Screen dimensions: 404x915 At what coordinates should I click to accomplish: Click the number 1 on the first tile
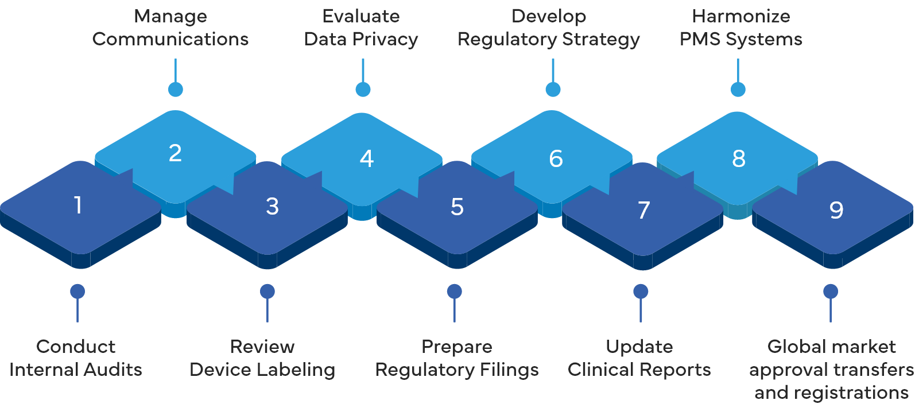tap(78, 205)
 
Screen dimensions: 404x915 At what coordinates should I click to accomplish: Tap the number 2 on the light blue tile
tap(175, 153)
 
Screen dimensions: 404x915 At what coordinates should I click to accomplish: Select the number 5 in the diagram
tap(457, 207)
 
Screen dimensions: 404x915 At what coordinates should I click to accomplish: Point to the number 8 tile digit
tap(739, 158)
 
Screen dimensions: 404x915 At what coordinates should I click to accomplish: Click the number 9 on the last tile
tap(836, 210)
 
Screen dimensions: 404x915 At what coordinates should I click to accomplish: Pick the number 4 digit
tap(367, 158)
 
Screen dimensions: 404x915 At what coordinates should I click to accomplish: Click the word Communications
tap(170, 39)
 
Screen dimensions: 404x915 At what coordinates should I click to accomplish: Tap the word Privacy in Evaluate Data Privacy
tap(385, 39)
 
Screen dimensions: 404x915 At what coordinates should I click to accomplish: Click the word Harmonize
tap(740, 16)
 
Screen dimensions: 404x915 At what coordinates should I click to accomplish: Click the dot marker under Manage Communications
tap(176, 89)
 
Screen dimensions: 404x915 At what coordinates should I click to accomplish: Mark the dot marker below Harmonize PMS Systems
tap(738, 89)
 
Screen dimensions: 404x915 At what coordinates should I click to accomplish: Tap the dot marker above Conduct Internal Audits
tap(77, 292)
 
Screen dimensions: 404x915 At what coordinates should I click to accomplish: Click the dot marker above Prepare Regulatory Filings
tap(454, 292)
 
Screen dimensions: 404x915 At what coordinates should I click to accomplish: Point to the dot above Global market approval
tap(831, 292)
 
